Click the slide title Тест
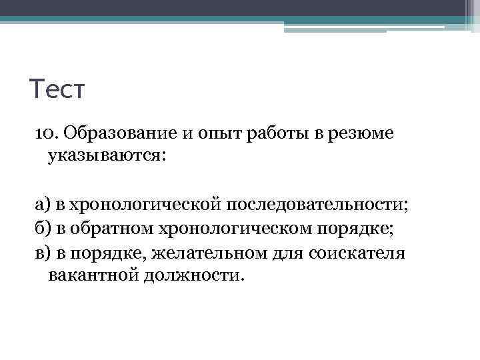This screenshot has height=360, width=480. coord(57,89)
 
